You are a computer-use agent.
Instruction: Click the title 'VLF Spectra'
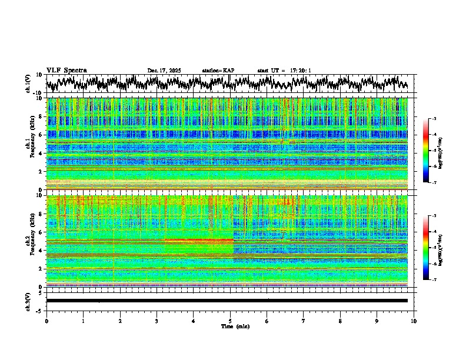[66, 71]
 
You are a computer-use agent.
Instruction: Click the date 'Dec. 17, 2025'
[164, 71]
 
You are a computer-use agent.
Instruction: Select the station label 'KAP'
[228, 71]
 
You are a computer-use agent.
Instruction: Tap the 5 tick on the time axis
[230, 321]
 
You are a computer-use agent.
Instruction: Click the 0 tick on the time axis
[46, 321]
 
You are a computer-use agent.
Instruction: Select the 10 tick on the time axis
[414, 321]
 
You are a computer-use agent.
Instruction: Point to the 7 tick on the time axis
[304, 321]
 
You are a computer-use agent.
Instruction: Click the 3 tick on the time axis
[157, 321]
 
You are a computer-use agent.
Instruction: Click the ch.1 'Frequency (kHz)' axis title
[31, 142]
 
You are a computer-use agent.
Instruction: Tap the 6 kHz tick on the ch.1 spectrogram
[41, 135]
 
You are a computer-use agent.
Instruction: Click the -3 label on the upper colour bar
[434, 119]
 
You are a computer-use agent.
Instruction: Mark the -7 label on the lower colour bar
[434, 280]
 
